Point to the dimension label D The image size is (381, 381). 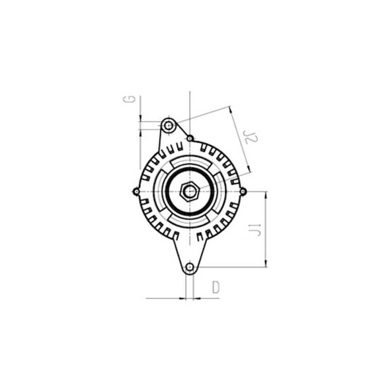click(215, 287)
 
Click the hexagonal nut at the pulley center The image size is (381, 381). click(190, 191)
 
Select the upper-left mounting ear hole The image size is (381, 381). click(168, 126)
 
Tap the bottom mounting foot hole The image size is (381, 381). click(190, 267)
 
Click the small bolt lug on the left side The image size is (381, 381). click(136, 191)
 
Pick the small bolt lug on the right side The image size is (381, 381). click(243, 191)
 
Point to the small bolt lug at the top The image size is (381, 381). click(190, 138)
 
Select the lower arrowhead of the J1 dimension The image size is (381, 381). click(266, 264)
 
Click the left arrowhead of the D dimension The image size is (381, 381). click(183, 299)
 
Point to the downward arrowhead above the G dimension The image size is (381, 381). click(140, 119)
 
